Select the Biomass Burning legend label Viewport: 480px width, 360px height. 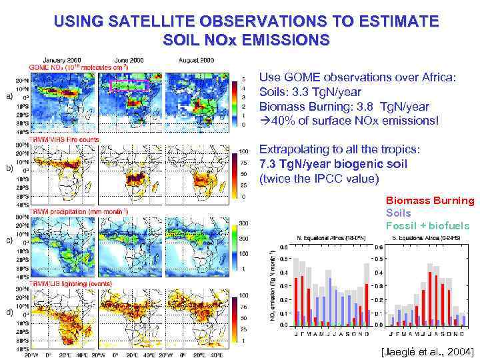(x=430, y=201)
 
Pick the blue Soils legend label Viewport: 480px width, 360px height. (x=399, y=213)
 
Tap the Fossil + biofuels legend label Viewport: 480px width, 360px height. (x=427, y=226)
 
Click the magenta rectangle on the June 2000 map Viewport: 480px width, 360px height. (x=127, y=84)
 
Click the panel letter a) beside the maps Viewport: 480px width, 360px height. (x=9, y=96)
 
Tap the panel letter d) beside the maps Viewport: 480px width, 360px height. (x=9, y=312)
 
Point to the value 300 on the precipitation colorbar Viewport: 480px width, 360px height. (x=245, y=223)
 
